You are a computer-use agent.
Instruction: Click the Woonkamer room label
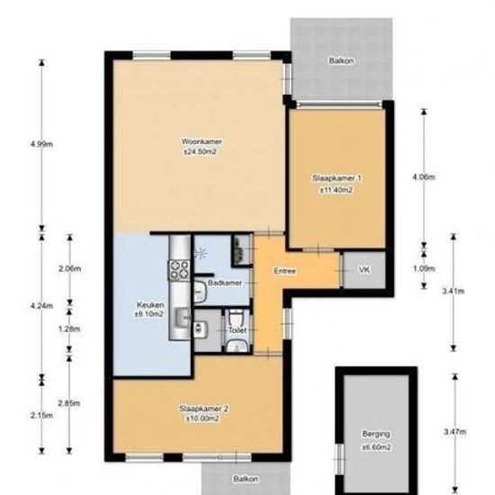(x=202, y=141)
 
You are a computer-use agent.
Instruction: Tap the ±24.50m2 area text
(x=201, y=152)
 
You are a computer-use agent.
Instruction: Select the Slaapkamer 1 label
(x=337, y=178)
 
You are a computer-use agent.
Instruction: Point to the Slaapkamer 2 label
(x=203, y=409)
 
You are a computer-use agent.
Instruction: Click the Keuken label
(x=150, y=305)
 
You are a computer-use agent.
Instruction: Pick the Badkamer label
(x=225, y=283)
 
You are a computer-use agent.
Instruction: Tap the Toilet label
(x=238, y=330)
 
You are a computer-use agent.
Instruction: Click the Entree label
(x=284, y=271)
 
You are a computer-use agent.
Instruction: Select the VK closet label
(x=364, y=270)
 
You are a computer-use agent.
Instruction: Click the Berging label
(x=376, y=434)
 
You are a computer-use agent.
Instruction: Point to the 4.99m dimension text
(x=41, y=144)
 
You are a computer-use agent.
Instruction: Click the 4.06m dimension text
(x=424, y=177)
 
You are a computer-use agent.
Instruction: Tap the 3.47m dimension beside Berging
(x=454, y=432)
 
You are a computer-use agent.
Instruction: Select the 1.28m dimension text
(x=69, y=329)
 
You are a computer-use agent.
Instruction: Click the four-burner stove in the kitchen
(x=180, y=271)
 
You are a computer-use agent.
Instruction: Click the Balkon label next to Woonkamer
(x=341, y=60)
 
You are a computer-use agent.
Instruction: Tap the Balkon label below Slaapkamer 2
(x=246, y=479)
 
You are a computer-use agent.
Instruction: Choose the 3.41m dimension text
(x=454, y=291)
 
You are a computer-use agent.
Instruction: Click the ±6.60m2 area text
(x=376, y=447)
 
